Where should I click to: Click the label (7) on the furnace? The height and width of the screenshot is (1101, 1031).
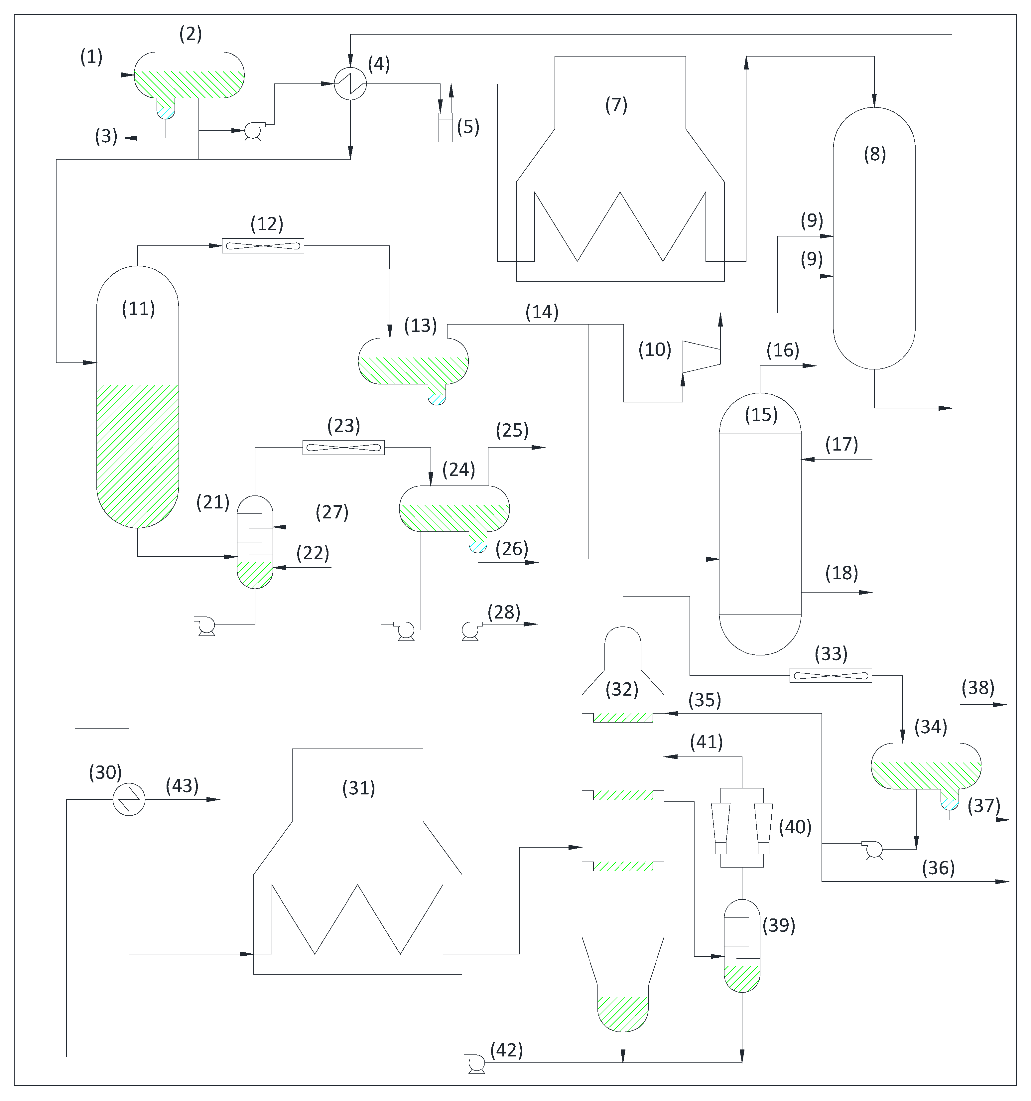(x=616, y=105)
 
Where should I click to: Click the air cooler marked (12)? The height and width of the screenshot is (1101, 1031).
(x=263, y=245)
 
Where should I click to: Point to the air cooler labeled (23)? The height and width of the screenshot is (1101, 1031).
(x=343, y=447)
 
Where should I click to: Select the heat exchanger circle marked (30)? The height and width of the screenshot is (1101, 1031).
(x=129, y=799)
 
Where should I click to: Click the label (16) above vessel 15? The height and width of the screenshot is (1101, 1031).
(x=782, y=350)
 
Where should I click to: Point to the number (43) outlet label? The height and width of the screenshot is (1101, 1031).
(x=182, y=785)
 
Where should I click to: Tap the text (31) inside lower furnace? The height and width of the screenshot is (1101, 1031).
(x=359, y=787)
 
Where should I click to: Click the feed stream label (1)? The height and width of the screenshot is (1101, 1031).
(x=91, y=57)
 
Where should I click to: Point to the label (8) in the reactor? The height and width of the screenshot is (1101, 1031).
(x=874, y=154)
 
